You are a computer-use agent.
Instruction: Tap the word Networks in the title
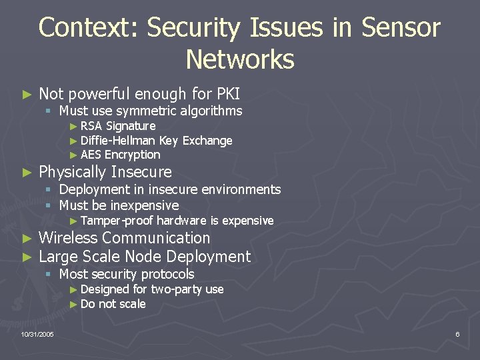[240, 59]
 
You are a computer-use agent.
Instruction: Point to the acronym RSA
[92, 126]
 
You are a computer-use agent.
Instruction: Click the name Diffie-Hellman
[118, 141]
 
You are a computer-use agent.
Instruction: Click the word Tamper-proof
[117, 221]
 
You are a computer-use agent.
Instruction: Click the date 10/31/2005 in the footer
[37, 333]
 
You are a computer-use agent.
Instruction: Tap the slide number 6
[457, 333]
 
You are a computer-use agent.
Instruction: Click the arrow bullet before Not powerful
[26, 95]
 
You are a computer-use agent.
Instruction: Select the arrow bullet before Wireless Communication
[26, 239]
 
